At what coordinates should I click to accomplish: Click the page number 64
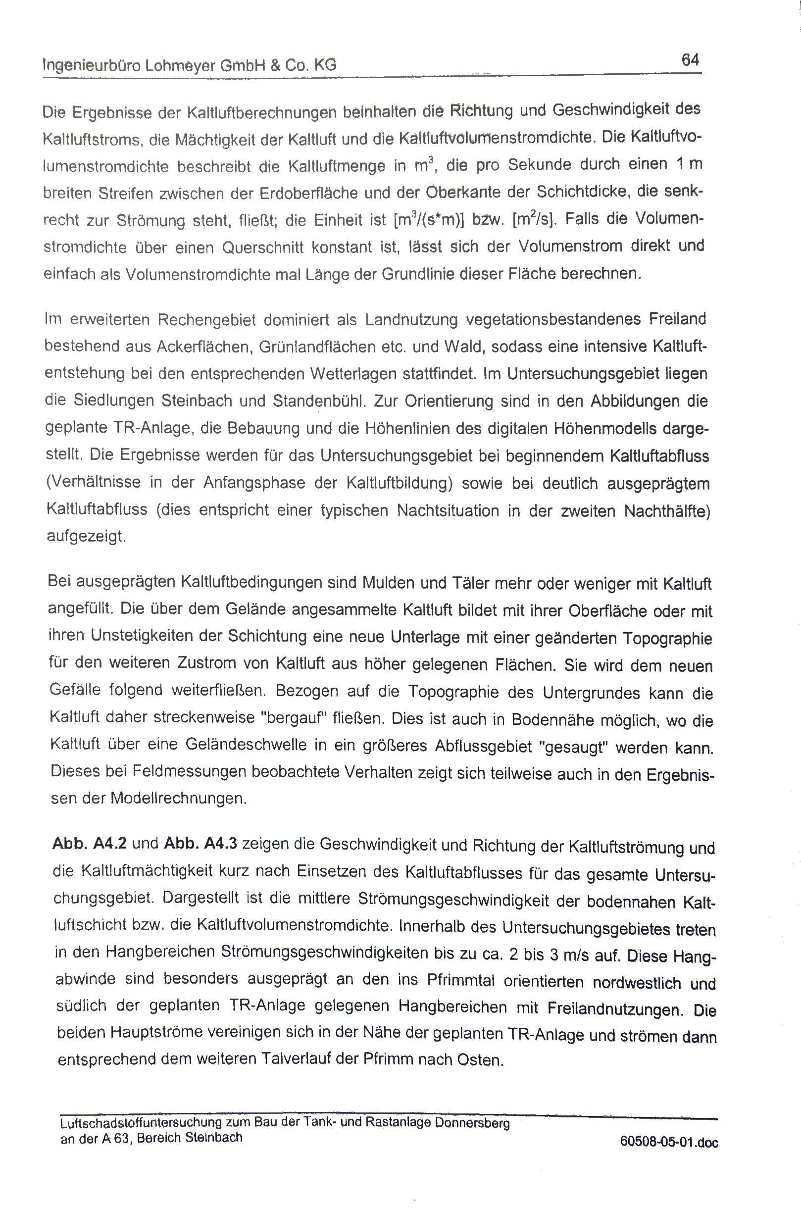coord(690,60)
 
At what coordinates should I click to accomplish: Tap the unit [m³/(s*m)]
coord(429,221)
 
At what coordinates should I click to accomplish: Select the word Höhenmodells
coord(605,428)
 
